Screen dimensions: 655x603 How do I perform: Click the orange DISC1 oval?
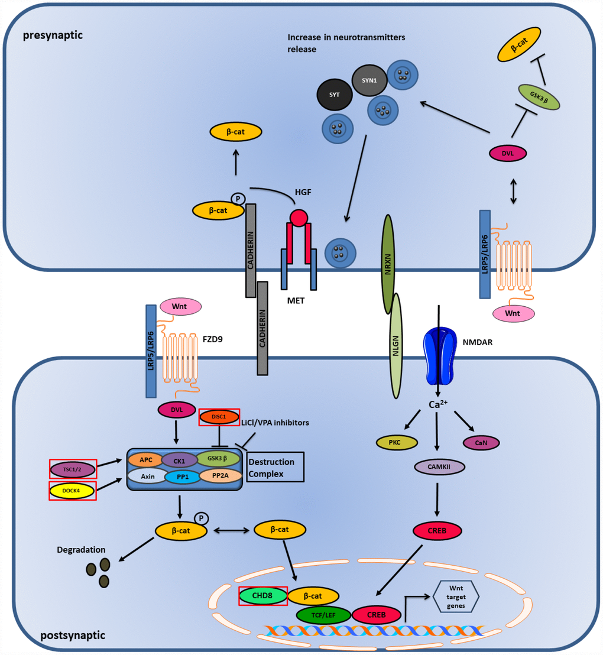(219, 417)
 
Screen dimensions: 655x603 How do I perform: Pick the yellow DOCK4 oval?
(72, 490)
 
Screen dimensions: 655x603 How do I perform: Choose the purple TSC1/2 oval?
(72, 469)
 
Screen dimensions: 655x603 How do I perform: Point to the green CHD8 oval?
(262, 596)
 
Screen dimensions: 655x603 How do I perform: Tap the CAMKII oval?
(439, 467)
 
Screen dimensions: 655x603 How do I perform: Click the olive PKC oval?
(397, 442)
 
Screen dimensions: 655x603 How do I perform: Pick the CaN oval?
(481, 442)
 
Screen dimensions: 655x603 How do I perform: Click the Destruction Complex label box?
(275, 466)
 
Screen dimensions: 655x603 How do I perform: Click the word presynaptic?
(53, 35)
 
